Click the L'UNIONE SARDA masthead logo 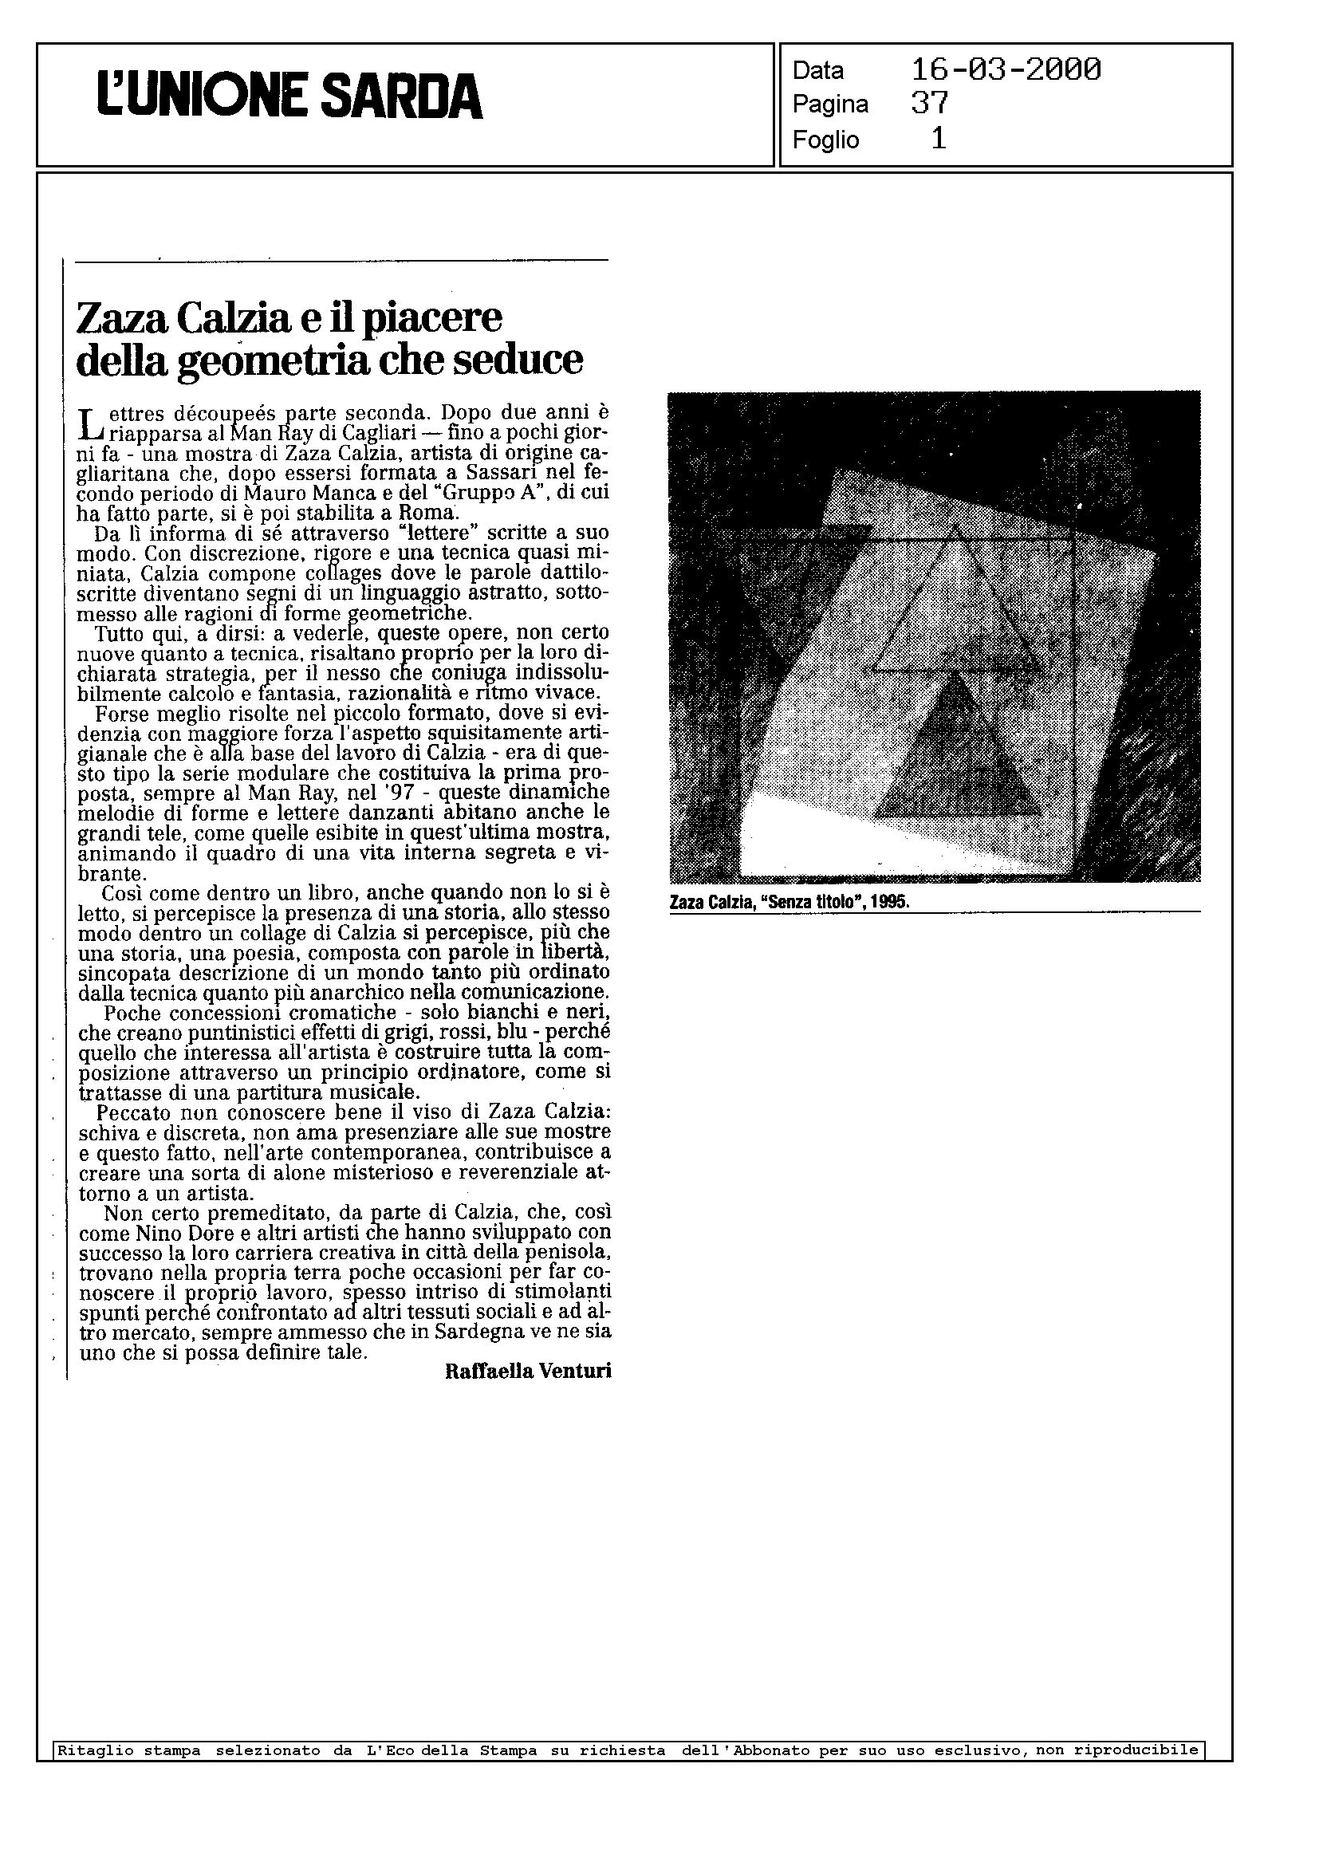point(290,96)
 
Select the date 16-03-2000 point(1005,70)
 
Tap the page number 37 point(929,104)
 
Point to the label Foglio point(825,140)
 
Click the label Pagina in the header point(829,104)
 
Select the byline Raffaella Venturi point(528,1372)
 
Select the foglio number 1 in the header point(939,140)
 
